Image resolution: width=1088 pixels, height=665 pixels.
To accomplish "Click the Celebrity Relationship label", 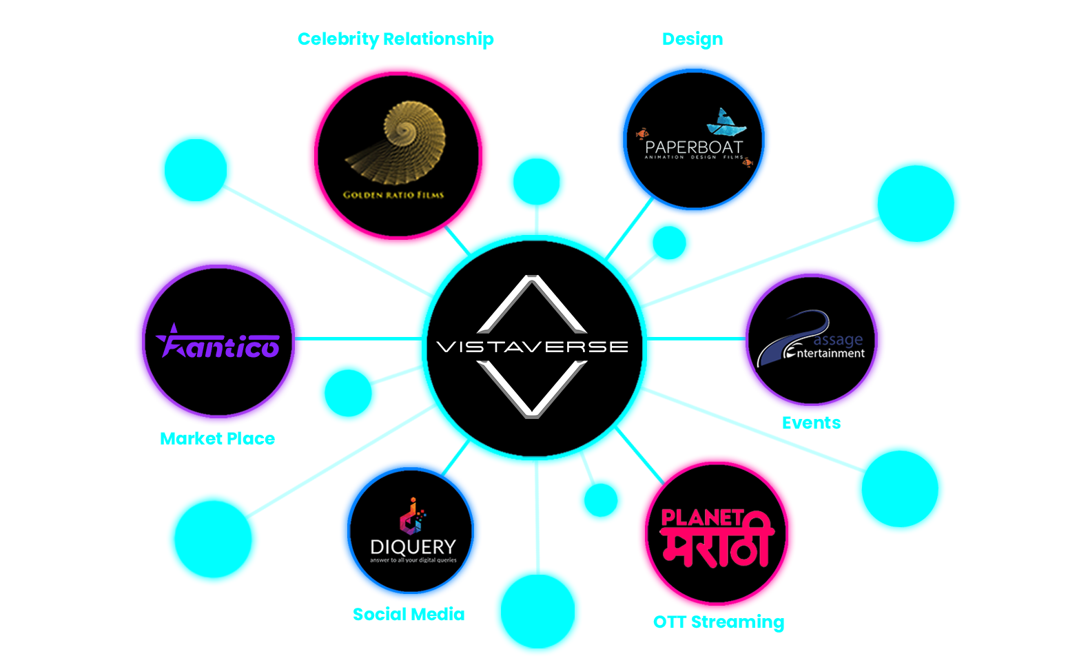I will tap(395, 39).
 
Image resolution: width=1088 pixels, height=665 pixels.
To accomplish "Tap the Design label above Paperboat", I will tap(692, 39).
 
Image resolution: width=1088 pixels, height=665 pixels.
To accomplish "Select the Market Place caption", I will tap(212, 439).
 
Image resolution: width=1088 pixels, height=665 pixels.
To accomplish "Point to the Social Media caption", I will tap(408, 614).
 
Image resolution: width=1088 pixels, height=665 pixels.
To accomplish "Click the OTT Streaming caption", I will tap(718, 622).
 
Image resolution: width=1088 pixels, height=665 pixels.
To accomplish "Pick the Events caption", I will tap(810, 423).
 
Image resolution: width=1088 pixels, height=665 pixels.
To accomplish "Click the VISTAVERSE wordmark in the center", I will tap(533, 347).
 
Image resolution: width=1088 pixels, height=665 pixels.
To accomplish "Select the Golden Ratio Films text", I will tap(393, 195).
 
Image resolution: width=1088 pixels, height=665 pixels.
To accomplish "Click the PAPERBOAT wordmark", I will tap(693, 147).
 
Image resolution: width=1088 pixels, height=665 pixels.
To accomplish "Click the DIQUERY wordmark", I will tap(413, 547).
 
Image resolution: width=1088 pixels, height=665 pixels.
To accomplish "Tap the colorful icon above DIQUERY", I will tap(412, 515).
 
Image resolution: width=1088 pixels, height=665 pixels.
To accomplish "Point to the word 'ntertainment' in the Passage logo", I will tap(830, 354).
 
